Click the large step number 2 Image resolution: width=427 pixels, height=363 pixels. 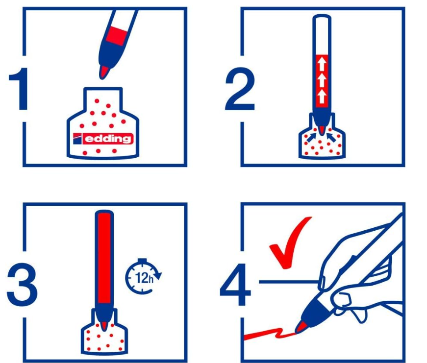(240, 89)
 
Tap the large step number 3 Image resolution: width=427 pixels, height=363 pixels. (22, 285)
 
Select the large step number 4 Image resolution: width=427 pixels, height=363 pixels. (235, 285)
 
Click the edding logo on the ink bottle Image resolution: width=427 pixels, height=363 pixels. (103, 139)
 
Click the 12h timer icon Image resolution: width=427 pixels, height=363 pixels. (143, 276)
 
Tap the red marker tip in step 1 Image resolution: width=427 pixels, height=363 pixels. (104, 73)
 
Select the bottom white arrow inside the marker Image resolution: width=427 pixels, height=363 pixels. (322, 96)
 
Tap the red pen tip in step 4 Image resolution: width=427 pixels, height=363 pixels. (300, 327)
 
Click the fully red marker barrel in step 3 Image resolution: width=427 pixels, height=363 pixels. (104, 259)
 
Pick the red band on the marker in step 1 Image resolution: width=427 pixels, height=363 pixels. (117, 36)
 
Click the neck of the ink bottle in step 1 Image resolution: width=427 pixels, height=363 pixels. (102, 99)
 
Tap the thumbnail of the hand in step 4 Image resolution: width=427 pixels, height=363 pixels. (323, 283)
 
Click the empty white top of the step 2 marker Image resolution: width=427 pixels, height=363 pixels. (322, 35)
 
